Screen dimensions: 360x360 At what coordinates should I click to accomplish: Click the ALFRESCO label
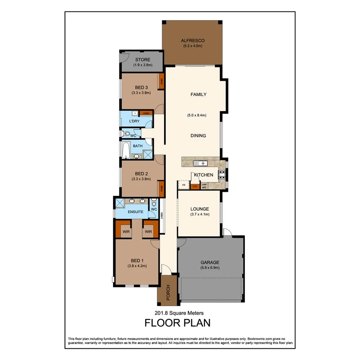pyautogui.click(x=192, y=40)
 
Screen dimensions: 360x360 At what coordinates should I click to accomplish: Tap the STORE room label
pyautogui.click(x=143, y=60)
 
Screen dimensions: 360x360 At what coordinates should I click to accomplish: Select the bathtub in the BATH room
pyautogui.click(x=126, y=151)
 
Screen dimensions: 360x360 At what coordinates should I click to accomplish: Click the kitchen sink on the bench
pyautogui.click(x=201, y=163)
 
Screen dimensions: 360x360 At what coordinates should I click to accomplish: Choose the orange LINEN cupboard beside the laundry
pyautogui.click(x=146, y=113)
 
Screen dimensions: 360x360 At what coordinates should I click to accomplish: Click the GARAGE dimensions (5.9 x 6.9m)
pyautogui.click(x=210, y=268)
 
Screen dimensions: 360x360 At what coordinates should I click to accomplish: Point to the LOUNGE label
pyautogui.click(x=200, y=209)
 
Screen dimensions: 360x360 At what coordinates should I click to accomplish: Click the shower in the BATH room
pyautogui.click(x=148, y=155)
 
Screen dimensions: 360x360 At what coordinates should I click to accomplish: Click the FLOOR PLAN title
pyautogui.click(x=177, y=323)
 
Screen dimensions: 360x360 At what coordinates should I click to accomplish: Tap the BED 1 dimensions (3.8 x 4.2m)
pyautogui.click(x=137, y=266)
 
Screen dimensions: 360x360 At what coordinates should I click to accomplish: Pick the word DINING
pyautogui.click(x=198, y=136)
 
